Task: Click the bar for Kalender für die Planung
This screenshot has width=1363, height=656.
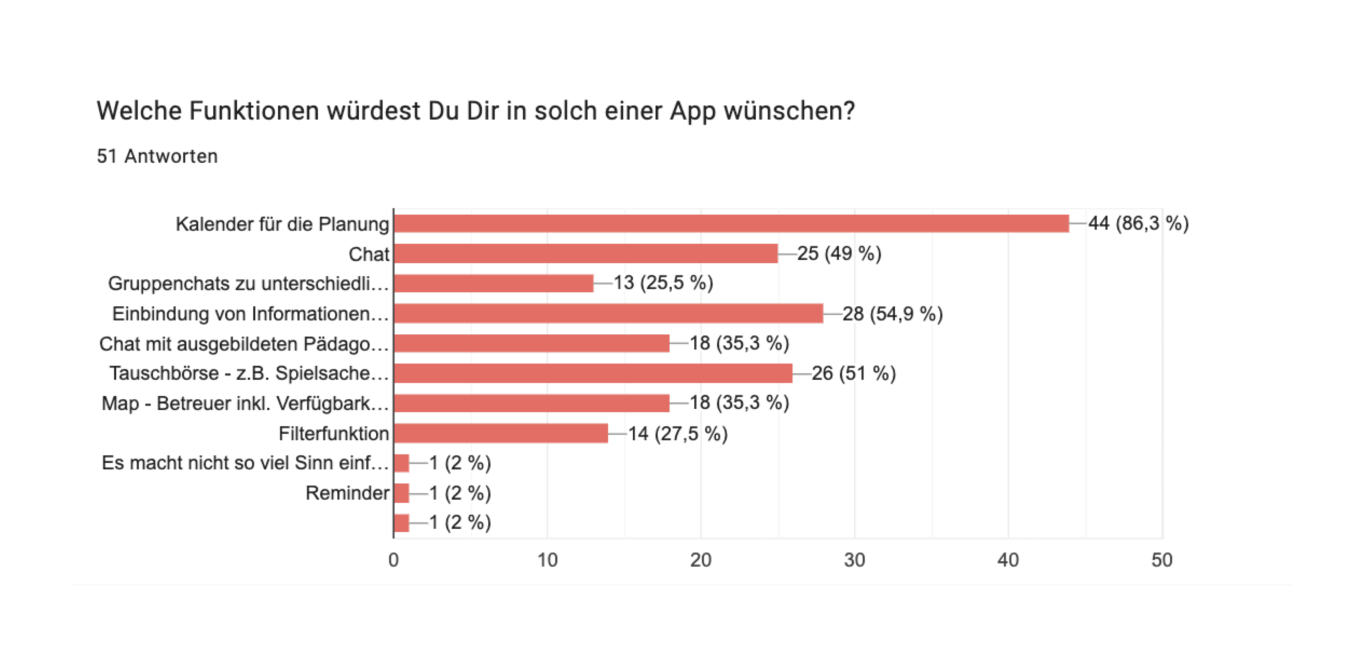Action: [731, 223]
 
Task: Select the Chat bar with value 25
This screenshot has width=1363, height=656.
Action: [586, 254]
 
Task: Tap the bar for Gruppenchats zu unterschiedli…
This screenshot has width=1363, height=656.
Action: [494, 283]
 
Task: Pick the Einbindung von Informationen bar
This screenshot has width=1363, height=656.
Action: [609, 313]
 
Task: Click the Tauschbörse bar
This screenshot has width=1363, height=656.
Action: [593, 373]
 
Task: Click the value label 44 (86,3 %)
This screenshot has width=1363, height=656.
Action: [1138, 223]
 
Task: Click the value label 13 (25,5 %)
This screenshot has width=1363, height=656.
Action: [663, 283]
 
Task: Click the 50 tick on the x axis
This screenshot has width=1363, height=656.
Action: [1161, 560]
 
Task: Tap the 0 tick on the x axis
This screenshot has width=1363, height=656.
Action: [394, 560]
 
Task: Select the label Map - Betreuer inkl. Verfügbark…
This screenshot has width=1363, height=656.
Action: [245, 403]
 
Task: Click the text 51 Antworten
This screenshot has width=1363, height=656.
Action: [157, 156]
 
